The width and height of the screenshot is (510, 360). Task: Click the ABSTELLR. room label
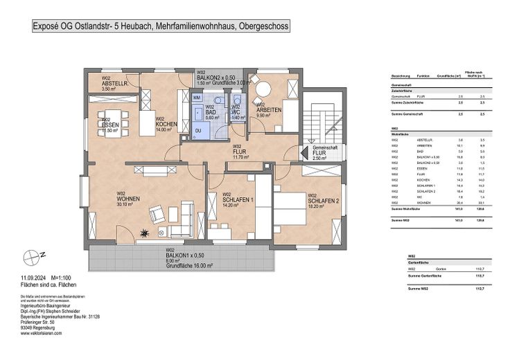click(114, 84)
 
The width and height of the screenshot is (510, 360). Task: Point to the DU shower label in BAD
click(198, 129)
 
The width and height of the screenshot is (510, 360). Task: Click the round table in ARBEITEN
click(264, 91)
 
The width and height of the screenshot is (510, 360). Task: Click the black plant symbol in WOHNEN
click(146, 232)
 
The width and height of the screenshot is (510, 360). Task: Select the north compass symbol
click(28, 253)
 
